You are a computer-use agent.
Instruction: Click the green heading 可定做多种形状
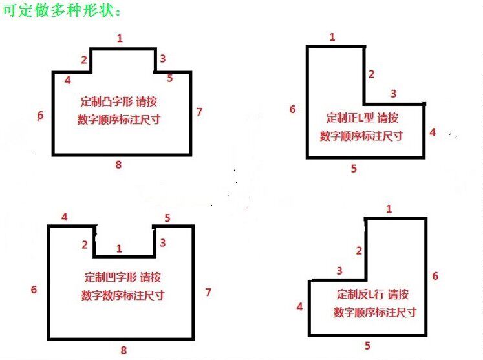(61, 10)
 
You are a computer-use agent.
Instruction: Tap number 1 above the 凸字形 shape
(120, 39)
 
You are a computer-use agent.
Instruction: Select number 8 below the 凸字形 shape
(118, 165)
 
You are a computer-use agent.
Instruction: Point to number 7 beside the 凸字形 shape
(199, 112)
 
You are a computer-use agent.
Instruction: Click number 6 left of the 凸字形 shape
(40, 116)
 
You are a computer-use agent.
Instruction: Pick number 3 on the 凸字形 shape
(163, 58)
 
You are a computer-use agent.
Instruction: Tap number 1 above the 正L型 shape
(332, 37)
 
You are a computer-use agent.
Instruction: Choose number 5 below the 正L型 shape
(354, 169)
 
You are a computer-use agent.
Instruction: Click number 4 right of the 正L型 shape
(433, 132)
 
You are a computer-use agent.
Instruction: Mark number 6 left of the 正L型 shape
(293, 109)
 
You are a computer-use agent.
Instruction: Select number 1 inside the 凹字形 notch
(119, 249)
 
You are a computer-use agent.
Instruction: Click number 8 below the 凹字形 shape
(123, 350)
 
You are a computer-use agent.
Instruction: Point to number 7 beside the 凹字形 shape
(209, 292)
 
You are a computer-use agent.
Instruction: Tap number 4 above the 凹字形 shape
(65, 217)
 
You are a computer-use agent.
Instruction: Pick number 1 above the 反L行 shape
(389, 209)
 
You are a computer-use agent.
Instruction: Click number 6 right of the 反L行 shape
(435, 276)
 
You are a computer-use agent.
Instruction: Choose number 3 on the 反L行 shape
(339, 271)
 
